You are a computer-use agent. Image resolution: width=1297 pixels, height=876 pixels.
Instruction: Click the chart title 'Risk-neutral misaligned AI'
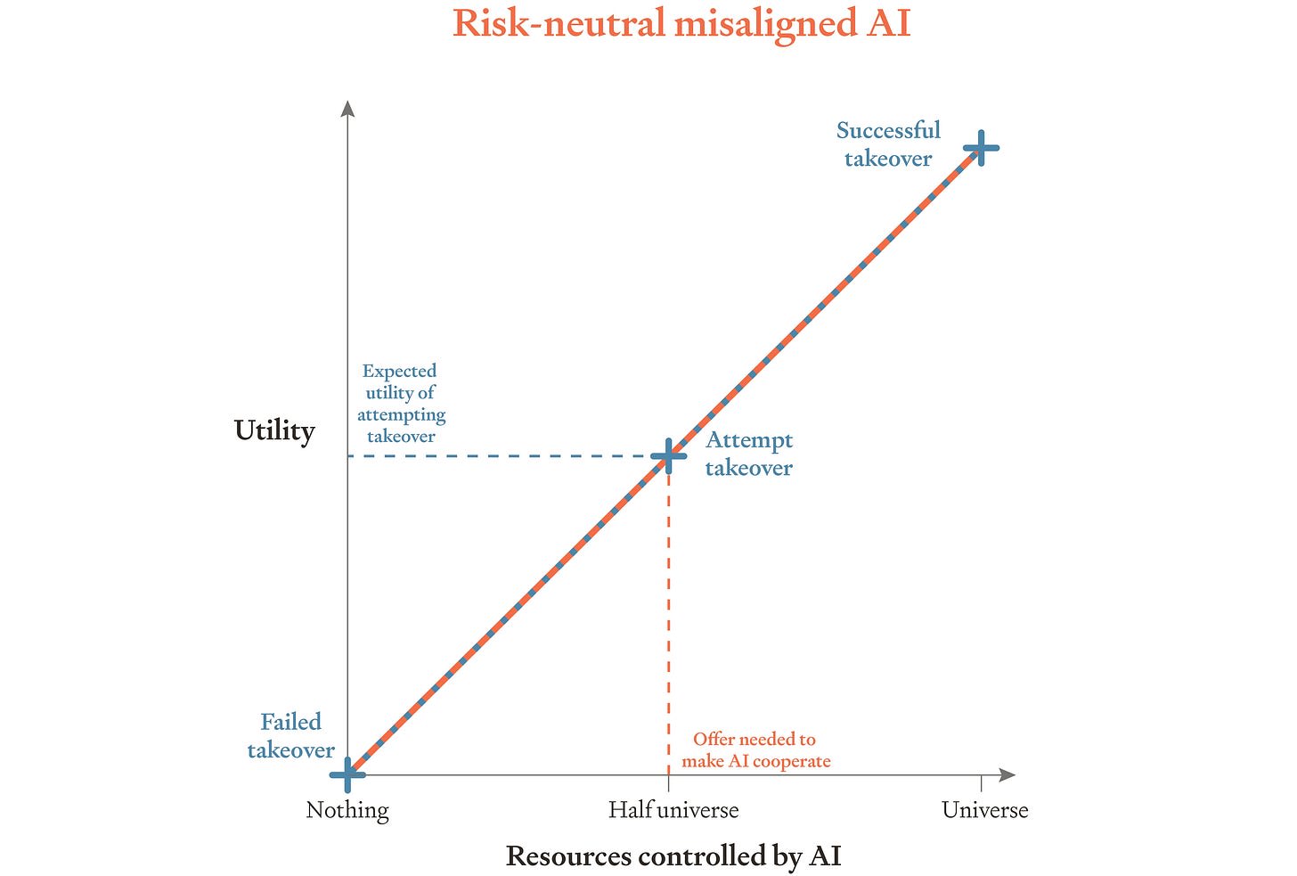[681, 24]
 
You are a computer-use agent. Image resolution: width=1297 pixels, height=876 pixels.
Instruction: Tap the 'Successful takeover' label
[888, 144]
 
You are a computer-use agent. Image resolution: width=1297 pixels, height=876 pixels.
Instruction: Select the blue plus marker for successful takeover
[981, 148]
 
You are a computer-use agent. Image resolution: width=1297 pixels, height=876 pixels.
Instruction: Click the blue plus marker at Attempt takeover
[669, 456]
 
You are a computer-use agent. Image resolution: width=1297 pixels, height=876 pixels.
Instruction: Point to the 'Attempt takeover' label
[748, 454]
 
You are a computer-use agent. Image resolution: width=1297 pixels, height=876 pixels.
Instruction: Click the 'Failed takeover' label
[290, 736]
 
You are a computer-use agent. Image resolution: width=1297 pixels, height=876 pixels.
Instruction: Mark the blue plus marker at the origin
[347, 774]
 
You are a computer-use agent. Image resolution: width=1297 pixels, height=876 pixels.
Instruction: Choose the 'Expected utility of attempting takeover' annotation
[401, 403]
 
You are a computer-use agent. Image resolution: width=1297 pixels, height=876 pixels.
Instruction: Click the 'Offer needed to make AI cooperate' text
[755, 749]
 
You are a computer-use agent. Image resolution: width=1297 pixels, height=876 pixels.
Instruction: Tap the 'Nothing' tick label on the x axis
[347, 810]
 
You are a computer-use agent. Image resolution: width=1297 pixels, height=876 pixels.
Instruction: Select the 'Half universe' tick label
[673, 809]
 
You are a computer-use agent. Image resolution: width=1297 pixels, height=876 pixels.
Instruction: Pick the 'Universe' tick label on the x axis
[985, 809]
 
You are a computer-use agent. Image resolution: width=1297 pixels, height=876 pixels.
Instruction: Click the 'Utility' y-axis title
[274, 431]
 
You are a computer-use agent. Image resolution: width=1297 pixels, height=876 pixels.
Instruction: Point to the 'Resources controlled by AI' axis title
[673, 856]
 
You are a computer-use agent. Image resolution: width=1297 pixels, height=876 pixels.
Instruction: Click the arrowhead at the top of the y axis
[347, 109]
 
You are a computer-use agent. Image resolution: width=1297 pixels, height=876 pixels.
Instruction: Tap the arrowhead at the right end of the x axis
[1008, 774]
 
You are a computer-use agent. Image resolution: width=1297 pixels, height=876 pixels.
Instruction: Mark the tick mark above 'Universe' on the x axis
[981, 782]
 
